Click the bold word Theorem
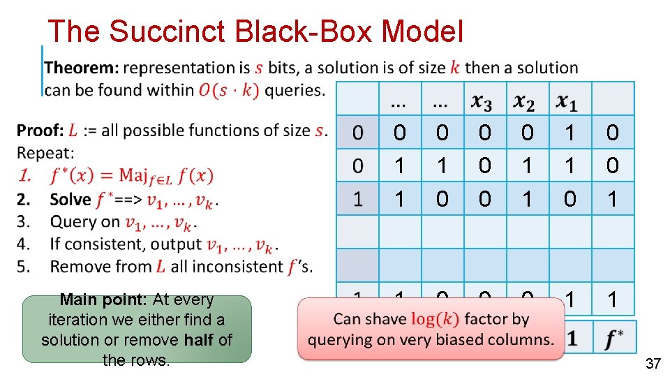pyautogui.click(x=81, y=68)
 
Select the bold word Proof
pyautogui.click(x=39, y=131)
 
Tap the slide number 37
pyautogui.click(x=653, y=364)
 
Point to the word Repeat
pyautogui.click(x=45, y=153)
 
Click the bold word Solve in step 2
pyautogui.click(x=70, y=200)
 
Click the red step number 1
pyautogui.click(x=25, y=176)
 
